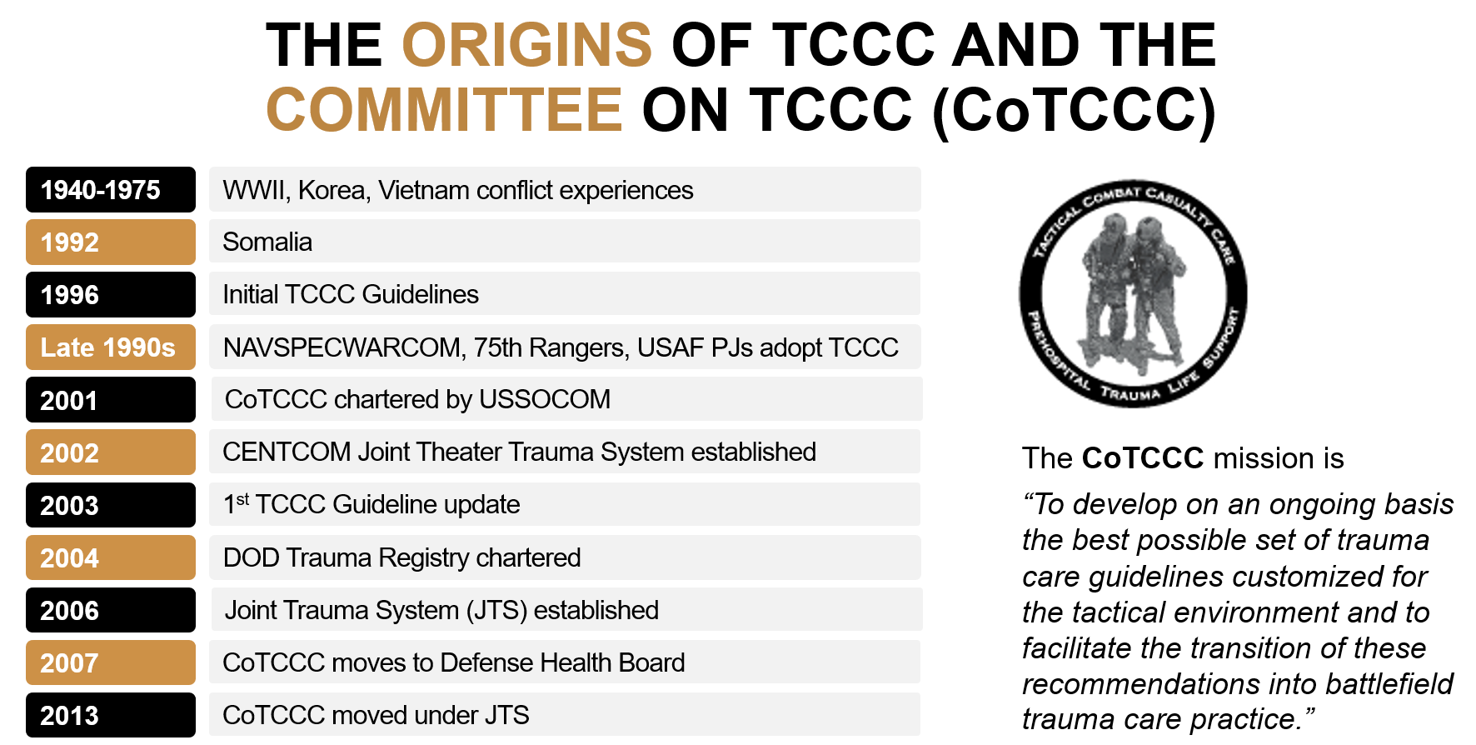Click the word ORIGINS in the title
pyautogui.click(x=526, y=45)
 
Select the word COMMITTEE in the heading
pyautogui.click(x=444, y=110)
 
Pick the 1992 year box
pyautogui.click(x=111, y=242)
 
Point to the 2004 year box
pyautogui.click(x=111, y=557)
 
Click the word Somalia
pyautogui.click(x=267, y=242)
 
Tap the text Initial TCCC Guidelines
pyautogui.click(x=351, y=295)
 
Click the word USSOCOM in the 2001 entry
pyautogui.click(x=545, y=400)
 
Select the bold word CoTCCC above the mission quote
pyautogui.click(x=1143, y=458)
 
